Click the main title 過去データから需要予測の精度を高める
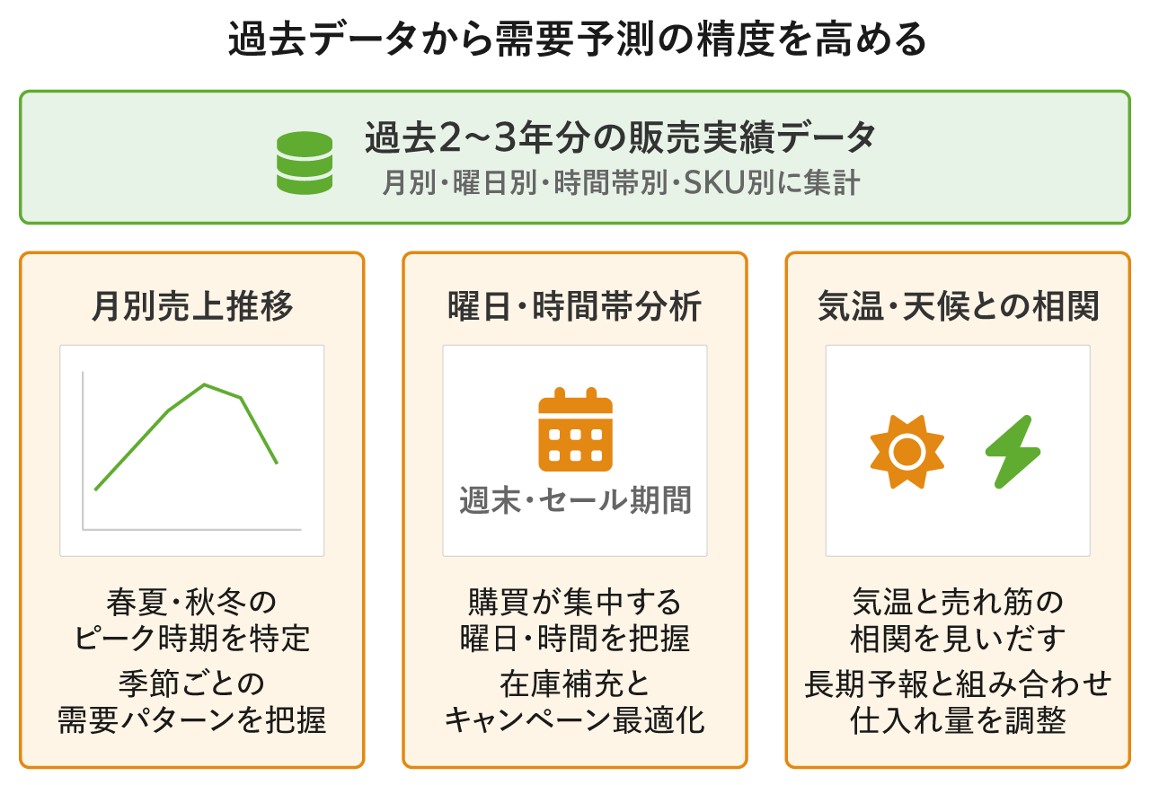[x=577, y=39]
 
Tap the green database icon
[x=305, y=163]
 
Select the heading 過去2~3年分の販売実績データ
[x=620, y=137]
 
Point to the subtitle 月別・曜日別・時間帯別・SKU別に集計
[x=621, y=182]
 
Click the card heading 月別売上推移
[x=192, y=306]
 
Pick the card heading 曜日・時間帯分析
[x=574, y=306]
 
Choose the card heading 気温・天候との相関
[x=958, y=306]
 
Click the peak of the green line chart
[x=204, y=384]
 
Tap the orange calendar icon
[x=575, y=429]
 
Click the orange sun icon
[x=907, y=452]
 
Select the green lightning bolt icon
[x=1013, y=452]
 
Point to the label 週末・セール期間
[x=575, y=500]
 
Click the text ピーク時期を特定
[x=192, y=639]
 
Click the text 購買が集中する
[x=574, y=602]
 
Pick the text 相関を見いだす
[x=958, y=639]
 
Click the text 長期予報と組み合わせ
[x=958, y=684]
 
